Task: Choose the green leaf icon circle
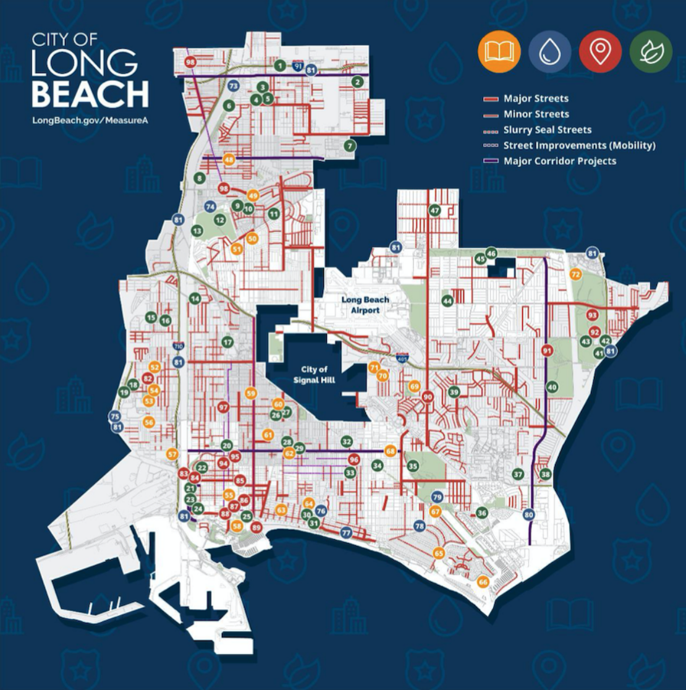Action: point(650,52)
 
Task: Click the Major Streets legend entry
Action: point(535,98)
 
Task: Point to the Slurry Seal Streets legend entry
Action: point(546,130)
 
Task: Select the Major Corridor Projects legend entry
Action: point(559,161)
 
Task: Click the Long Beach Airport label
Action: point(366,305)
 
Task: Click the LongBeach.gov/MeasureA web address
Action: point(90,119)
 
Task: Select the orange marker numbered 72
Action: point(576,274)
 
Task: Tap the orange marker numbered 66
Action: point(483,582)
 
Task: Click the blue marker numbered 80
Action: point(528,514)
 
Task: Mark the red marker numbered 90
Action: point(428,397)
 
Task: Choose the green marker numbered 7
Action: point(350,146)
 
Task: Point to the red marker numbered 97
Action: point(224,407)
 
